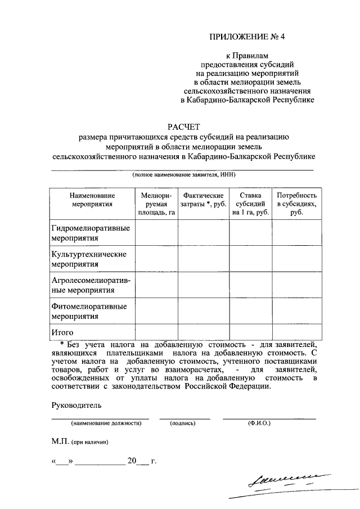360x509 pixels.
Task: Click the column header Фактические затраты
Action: pyautogui.click(x=204, y=199)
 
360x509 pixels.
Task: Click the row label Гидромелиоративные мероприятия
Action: pyautogui.click(x=91, y=233)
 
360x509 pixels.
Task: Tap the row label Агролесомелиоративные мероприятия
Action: pyautogui.click(x=91, y=285)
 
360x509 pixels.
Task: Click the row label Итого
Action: pyautogui.click(x=62, y=332)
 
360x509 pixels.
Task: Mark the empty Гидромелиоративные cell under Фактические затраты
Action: pyautogui.click(x=204, y=233)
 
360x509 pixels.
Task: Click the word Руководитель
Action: pyautogui.click(x=77, y=405)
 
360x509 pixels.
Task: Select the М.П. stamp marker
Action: pyautogui.click(x=60, y=442)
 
